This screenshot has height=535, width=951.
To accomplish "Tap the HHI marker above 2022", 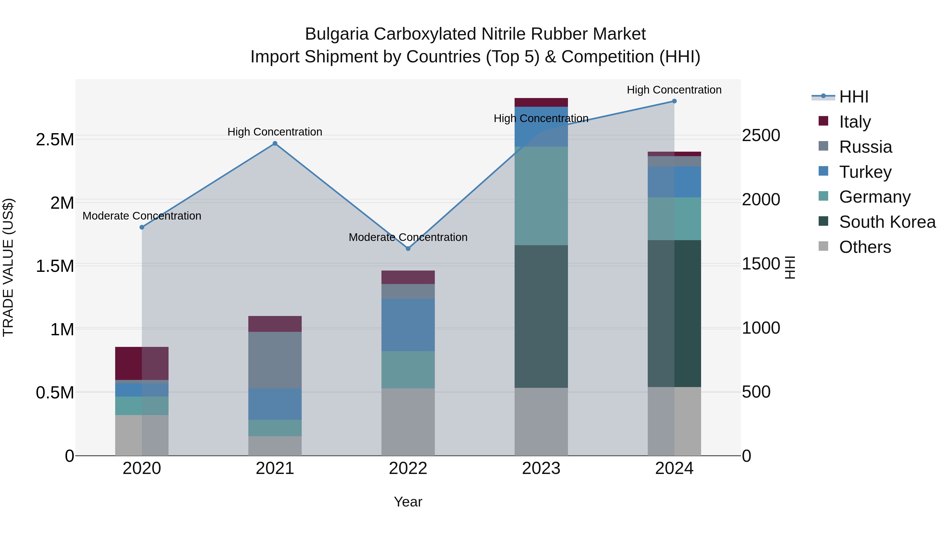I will pyautogui.click(x=408, y=249).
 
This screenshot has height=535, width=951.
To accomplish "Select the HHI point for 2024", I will pyautogui.click(x=674, y=101).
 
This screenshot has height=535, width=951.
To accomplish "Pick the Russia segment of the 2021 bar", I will pyautogui.click(x=275, y=360).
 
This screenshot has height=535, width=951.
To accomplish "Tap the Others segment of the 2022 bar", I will pyautogui.click(x=408, y=422).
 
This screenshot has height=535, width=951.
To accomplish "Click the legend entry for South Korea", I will pyautogui.click(x=887, y=222).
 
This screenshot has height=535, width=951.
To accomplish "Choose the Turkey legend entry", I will pyautogui.click(x=865, y=172).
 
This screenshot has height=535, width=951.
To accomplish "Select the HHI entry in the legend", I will pyautogui.click(x=853, y=97).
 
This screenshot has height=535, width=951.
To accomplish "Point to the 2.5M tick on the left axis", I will pyautogui.click(x=55, y=139).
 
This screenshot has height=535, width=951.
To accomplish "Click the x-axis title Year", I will pyautogui.click(x=408, y=502).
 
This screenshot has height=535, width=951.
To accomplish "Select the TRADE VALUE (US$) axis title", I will pyautogui.click(x=8, y=267).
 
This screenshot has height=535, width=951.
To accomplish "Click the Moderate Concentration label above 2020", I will pyautogui.click(x=142, y=216).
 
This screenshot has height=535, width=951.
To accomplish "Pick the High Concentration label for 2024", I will pyautogui.click(x=674, y=90).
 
